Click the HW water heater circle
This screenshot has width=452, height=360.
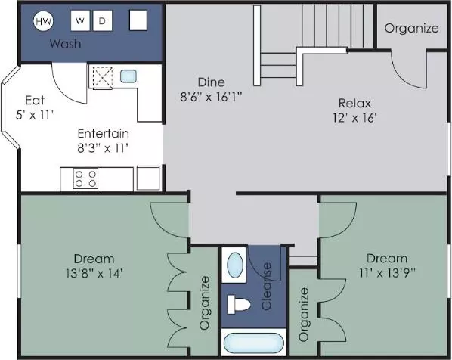point(44,21)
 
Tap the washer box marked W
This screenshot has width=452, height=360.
point(80,20)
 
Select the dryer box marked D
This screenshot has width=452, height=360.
point(102,20)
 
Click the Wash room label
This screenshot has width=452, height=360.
point(66,44)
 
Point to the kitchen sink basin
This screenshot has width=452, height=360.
point(128,76)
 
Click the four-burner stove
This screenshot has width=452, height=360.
point(85,178)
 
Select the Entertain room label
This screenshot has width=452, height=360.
point(104,134)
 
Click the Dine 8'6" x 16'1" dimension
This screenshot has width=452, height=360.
point(211,97)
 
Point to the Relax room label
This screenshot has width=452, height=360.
point(354,104)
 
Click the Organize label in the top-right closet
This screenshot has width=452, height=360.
point(412,28)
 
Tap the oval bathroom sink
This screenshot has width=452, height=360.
point(235,265)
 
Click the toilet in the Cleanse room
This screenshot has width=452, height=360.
point(239,304)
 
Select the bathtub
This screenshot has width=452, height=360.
point(254,343)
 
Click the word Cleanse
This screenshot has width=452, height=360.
point(267,286)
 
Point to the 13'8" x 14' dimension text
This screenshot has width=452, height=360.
point(94,273)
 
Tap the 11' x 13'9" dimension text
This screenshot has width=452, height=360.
point(387,272)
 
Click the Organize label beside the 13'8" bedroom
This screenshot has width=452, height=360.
point(205,303)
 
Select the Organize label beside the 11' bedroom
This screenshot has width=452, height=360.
point(304,315)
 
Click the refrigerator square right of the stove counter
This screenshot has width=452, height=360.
point(148,178)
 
